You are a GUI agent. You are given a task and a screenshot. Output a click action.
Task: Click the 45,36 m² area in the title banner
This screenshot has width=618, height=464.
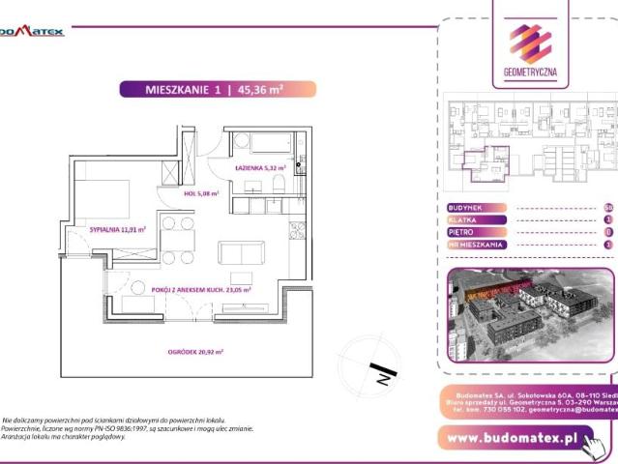pos(260,89)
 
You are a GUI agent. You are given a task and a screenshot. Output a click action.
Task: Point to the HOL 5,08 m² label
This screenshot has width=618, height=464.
pos(200,193)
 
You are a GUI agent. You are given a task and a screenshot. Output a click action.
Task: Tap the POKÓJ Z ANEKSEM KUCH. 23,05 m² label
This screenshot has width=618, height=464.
pos(201,289)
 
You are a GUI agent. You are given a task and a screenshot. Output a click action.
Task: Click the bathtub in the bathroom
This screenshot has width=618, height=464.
pos(262,144)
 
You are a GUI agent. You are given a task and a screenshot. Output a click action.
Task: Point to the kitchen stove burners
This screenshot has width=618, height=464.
pos(296,231)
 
